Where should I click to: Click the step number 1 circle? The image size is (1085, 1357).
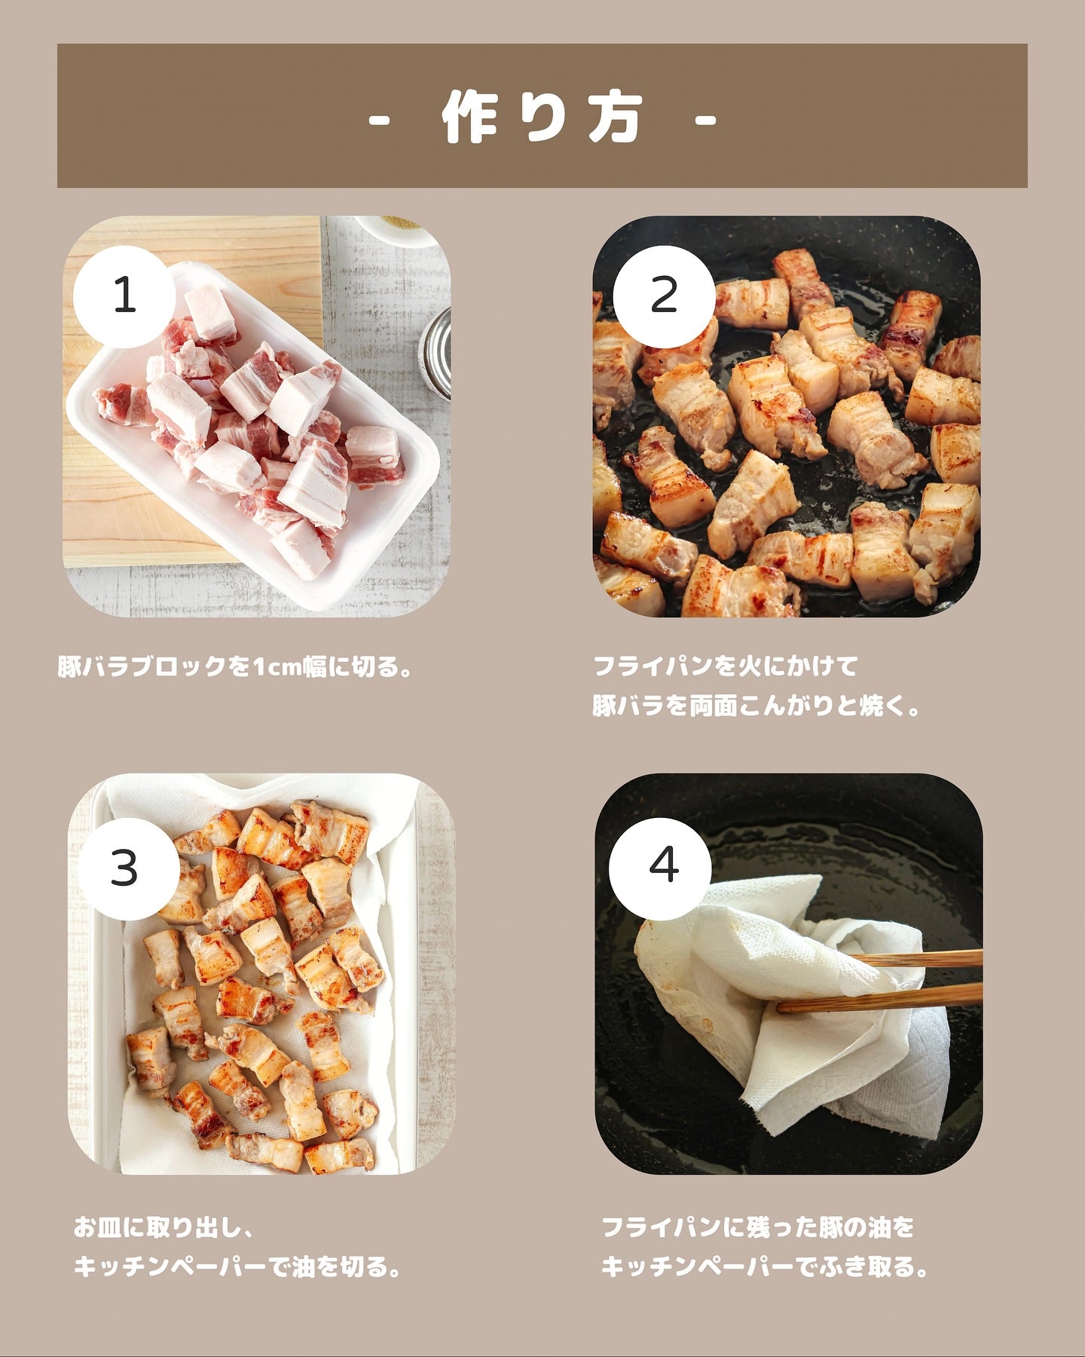click(124, 296)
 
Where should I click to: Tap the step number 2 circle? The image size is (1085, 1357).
click(664, 296)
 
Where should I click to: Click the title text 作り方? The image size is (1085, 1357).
click(542, 118)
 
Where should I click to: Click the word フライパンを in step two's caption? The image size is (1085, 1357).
click(663, 666)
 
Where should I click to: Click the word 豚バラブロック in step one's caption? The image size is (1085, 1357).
click(142, 666)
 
